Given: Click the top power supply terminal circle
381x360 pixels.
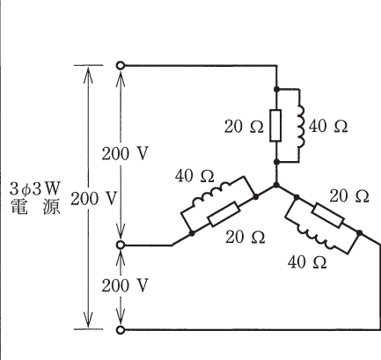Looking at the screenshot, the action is (121, 65).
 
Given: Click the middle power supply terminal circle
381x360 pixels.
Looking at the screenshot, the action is (121, 245).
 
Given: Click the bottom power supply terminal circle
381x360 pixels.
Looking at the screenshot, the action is (121, 330).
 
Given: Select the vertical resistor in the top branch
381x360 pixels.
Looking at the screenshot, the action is (275, 126).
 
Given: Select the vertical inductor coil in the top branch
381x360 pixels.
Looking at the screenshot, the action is (302, 126).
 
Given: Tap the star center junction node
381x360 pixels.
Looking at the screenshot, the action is (276, 185).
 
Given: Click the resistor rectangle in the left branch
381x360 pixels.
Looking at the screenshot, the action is (224, 214).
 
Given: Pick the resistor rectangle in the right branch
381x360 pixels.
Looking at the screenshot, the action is (328, 216).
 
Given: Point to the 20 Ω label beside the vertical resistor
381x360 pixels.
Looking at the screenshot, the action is (244, 127).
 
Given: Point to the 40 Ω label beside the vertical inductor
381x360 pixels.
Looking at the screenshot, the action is (328, 126).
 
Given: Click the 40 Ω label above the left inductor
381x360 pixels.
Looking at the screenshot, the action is (194, 176).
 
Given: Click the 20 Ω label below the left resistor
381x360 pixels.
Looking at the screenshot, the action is (245, 237).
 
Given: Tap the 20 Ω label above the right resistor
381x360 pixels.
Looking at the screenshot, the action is (349, 196).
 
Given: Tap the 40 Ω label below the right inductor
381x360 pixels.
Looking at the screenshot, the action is (307, 262).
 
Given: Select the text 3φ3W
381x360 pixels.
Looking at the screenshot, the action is (35, 188).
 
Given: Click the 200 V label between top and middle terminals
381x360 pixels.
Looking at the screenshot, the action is (125, 153).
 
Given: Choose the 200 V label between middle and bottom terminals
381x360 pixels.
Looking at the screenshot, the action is (125, 285).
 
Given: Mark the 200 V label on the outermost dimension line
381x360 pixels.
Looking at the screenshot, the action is (94, 199).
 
